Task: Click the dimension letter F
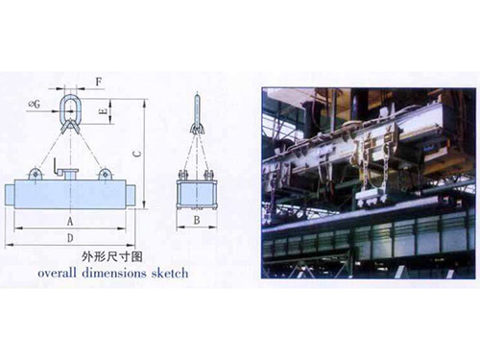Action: pos(99,82)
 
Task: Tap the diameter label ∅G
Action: pos(35,104)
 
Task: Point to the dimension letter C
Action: pos(136,154)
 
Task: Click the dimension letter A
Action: pos(70,221)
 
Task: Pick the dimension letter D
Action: pos(70,238)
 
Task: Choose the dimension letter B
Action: pos(197,220)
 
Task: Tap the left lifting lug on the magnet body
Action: pos(36,174)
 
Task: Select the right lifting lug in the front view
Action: pos(105,174)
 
